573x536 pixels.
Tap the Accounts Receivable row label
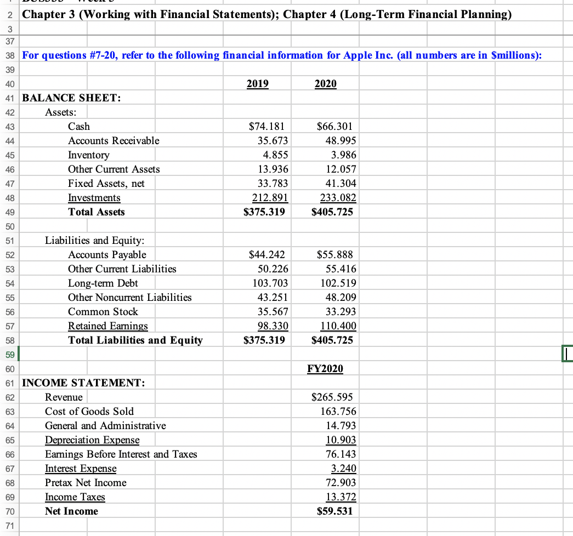(x=114, y=141)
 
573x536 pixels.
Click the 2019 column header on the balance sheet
(x=257, y=84)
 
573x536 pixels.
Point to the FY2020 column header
(x=325, y=369)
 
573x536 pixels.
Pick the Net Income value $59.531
(x=335, y=511)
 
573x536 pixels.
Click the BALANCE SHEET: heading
(x=71, y=98)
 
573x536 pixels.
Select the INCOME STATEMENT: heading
(x=83, y=383)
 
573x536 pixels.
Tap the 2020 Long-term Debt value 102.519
(x=338, y=283)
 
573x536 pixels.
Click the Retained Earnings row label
(x=107, y=326)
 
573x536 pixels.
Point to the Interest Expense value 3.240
(x=344, y=469)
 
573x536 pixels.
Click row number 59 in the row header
(x=9, y=355)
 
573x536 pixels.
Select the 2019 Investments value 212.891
(x=269, y=198)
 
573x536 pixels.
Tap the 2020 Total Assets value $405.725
(x=332, y=212)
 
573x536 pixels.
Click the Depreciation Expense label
(x=92, y=440)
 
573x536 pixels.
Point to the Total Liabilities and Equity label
(x=135, y=340)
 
